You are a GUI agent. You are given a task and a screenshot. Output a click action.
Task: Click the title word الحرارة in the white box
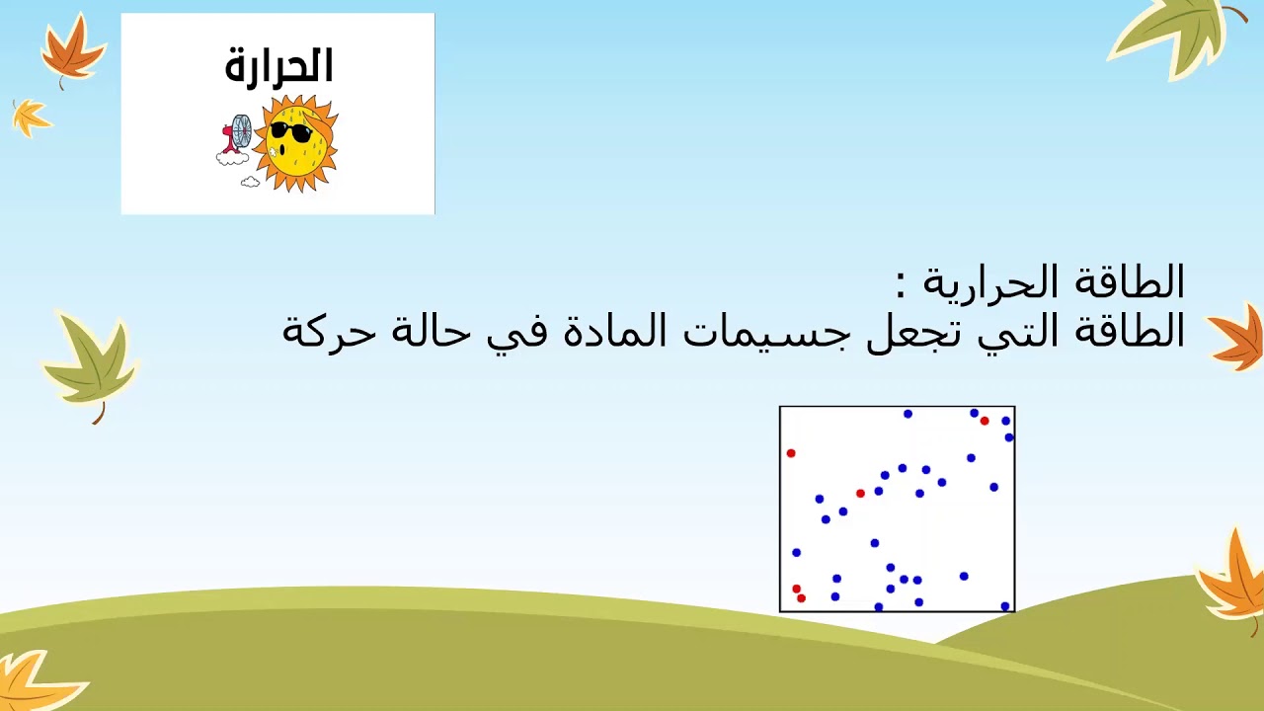click(278, 66)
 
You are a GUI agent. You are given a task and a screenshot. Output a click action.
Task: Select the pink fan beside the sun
click(237, 136)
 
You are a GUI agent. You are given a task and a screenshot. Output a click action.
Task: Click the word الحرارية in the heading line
click(993, 283)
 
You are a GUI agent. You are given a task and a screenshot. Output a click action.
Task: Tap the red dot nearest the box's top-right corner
click(985, 421)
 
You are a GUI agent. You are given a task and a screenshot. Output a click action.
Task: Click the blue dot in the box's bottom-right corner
click(1005, 606)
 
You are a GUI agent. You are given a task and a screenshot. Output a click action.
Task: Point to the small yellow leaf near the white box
click(31, 118)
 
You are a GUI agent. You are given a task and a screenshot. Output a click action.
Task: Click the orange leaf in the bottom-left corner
click(35, 681)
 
